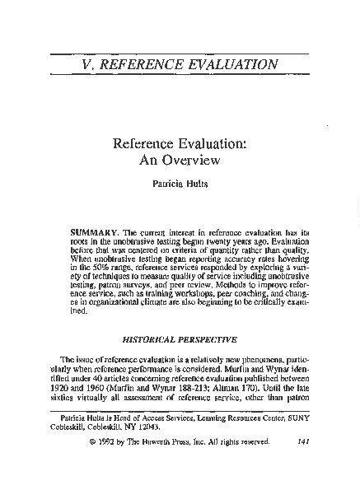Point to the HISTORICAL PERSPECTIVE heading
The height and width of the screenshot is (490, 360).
(180, 338)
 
